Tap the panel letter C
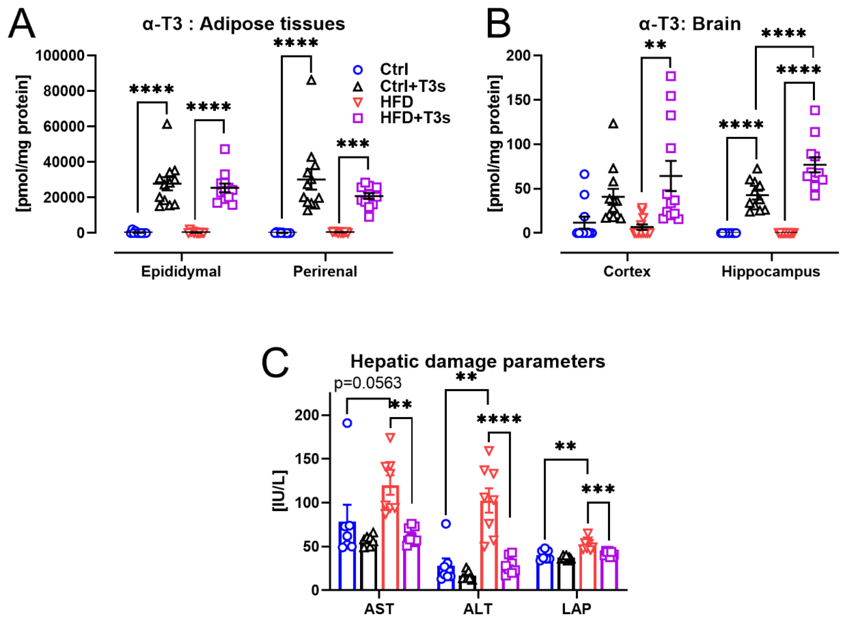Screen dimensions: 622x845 [x=275, y=362]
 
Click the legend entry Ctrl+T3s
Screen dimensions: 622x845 [x=412, y=86]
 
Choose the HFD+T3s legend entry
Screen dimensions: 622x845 [x=415, y=118]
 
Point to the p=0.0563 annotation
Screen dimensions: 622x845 [x=368, y=383]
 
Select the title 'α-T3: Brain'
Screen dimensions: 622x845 [x=690, y=24]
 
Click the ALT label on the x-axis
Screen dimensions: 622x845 [x=478, y=609]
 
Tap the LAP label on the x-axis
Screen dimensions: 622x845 [x=577, y=609]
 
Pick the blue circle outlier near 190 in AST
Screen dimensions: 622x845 [x=347, y=423]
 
